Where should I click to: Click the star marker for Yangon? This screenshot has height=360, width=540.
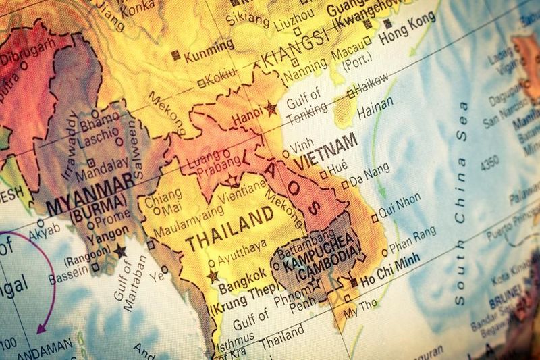[121, 251]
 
